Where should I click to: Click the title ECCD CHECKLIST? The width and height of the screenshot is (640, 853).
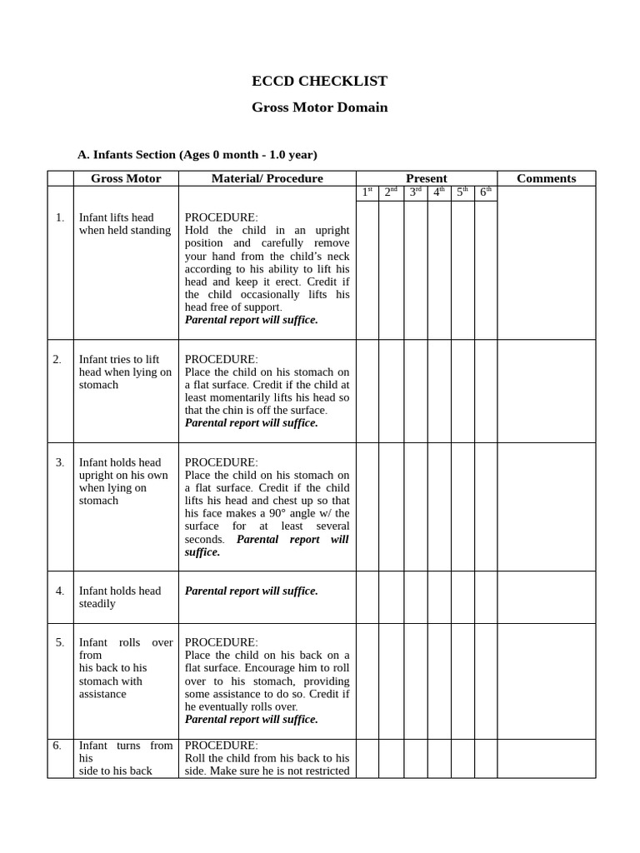point(319,81)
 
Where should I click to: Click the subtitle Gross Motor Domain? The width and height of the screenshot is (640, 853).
point(319,107)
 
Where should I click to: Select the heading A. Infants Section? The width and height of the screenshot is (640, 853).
point(197,154)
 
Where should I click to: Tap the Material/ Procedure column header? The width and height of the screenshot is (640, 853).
point(267,178)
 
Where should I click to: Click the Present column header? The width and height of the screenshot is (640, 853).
point(426,178)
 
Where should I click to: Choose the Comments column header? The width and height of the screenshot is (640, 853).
point(546,178)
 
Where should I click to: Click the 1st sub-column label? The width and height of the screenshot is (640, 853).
point(367,192)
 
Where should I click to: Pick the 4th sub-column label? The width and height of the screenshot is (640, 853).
point(439,192)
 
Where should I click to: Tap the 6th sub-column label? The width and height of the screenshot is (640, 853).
point(486,192)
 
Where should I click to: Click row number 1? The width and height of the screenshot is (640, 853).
point(60,217)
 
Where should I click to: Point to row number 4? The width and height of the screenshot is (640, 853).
point(60,591)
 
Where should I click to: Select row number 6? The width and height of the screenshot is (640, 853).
point(57,746)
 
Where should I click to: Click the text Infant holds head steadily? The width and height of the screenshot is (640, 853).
point(120,597)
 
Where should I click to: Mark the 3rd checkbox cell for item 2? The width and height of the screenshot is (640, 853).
point(415,392)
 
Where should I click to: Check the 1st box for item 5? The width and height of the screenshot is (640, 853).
point(367,681)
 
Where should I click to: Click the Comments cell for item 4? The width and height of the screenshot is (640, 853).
point(546,597)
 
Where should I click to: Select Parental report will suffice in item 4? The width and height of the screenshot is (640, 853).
point(251,591)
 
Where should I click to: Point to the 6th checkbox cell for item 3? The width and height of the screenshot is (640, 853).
point(486,506)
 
